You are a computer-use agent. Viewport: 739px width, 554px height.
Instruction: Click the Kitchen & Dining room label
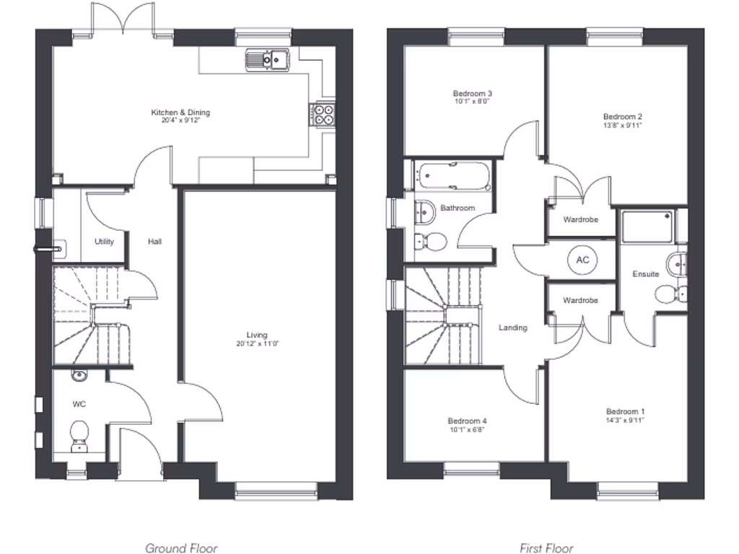(180, 113)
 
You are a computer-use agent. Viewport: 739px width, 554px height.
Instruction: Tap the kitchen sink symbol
(267, 59)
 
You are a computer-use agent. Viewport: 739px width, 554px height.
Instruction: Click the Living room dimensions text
(257, 344)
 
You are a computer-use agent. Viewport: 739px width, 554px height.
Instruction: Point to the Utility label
(104, 242)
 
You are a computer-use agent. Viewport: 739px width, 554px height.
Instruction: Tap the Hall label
(154, 242)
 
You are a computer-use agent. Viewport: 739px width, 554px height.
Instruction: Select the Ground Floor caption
(181, 548)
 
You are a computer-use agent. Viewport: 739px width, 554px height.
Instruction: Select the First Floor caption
(546, 548)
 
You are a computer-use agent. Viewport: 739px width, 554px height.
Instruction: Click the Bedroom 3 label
(473, 94)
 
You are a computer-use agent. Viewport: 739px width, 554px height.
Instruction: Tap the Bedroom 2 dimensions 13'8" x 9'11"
(623, 126)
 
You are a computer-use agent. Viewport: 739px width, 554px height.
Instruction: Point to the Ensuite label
(645, 274)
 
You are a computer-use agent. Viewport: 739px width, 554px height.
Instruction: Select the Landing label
(513, 327)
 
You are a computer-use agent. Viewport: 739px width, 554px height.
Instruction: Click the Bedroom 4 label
(467, 421)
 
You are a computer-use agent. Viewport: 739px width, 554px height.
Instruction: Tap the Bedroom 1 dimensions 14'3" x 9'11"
(624, 420)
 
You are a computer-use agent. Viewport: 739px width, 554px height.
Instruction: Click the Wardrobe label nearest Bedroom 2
(580, 219)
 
